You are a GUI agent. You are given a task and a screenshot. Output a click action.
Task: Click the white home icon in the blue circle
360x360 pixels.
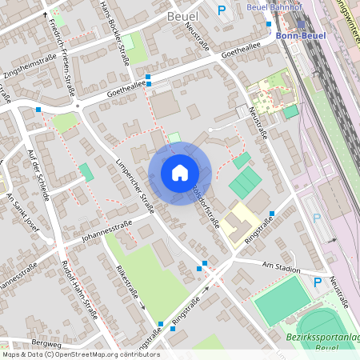click(x=179, y=172)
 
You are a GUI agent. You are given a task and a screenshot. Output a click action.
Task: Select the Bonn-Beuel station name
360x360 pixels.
click(x=300, y=36)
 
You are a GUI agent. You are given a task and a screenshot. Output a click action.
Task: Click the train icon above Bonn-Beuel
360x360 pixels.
click(x=300, y=24)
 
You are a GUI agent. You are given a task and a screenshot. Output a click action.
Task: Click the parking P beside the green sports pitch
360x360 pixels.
click(x=317, y=282)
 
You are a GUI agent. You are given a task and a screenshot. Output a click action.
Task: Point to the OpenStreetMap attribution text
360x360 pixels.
click(x=80, y=354)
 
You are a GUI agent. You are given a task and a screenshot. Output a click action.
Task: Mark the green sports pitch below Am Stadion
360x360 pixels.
click(x=282, y=300)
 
